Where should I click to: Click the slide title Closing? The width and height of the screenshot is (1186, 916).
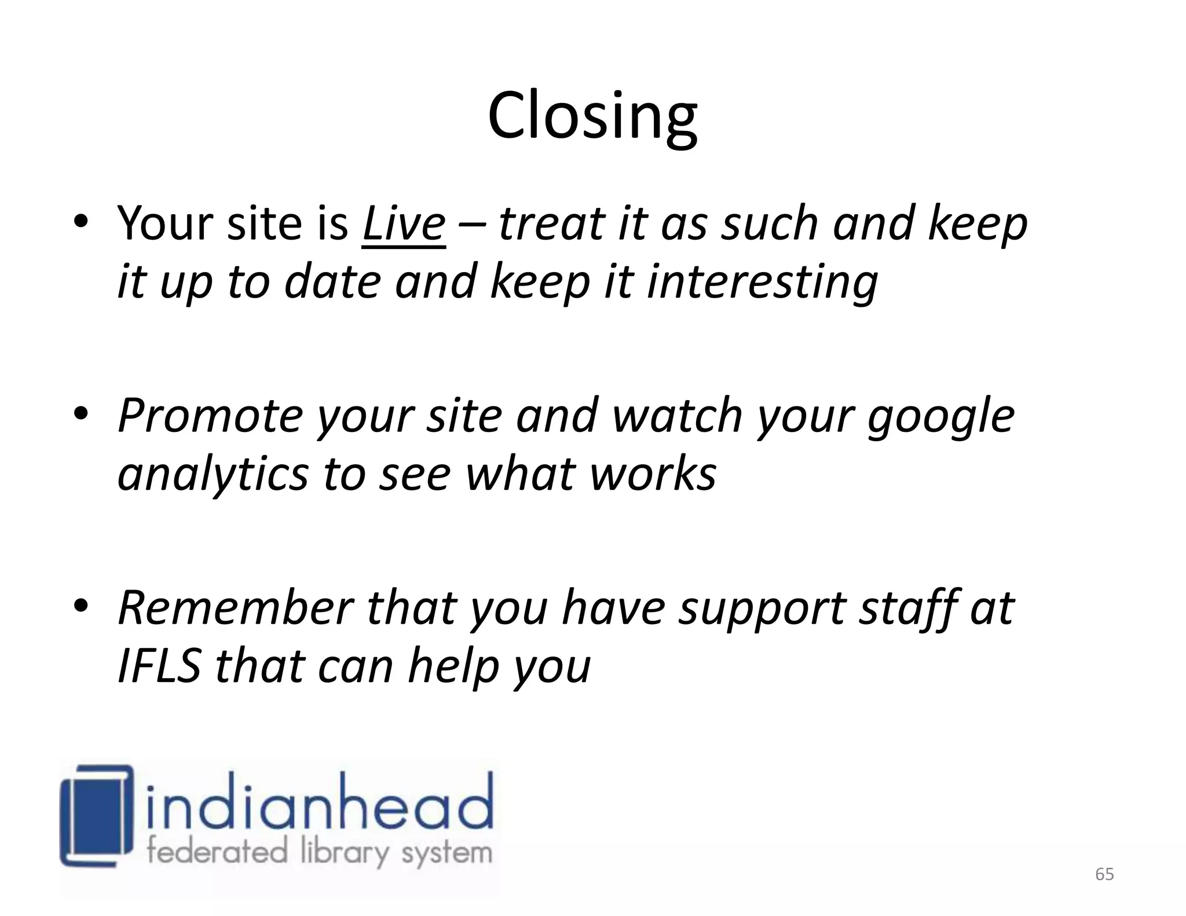click(x=592, y=116)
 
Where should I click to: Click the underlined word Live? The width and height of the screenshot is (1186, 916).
click(x=404, y=224)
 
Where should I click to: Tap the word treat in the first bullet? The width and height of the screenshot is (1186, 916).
click(x=551, y=224)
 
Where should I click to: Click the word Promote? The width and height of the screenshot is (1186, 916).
click(x=210, y=417)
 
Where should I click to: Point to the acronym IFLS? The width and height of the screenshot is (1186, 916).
click(x=159, y=667)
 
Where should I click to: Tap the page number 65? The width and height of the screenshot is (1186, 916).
click(x=1104, y=874)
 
